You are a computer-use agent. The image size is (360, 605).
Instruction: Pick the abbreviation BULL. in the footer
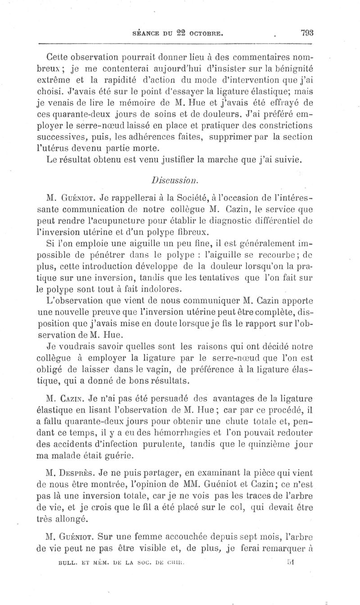[70, 562]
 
